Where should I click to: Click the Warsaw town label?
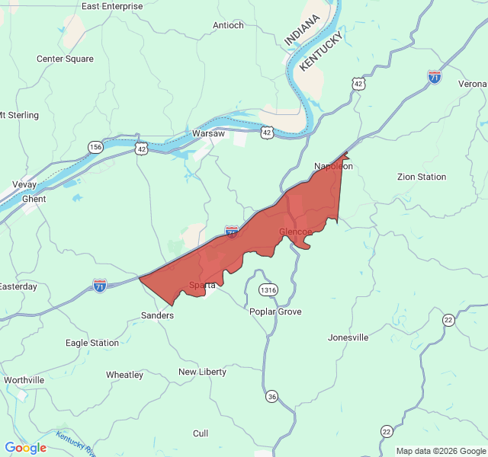click(x=208, y=133)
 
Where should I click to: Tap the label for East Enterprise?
click(x=111, y=6)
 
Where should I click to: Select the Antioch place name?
click(x=228, y=25)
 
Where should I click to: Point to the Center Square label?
click(x=65, y=59)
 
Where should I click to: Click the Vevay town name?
click(x=24, y=185)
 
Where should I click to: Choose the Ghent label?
click(x=34, y=199)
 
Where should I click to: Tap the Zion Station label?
click(x=422, y=177)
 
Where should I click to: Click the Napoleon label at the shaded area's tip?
click(x=333, y=166)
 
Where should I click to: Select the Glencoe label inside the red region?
click(x=295, y=232)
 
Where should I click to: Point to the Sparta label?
click(x=202, y=286)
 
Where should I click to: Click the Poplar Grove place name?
click(x=275, y=312)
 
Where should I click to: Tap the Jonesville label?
click(x=348, y=337)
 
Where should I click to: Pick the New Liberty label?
click(x=202, y=372)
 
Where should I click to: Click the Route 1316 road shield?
click(x=268, y=290)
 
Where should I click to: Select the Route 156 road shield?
click(x=95, y=147)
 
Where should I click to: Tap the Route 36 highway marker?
click(x=272, y=396)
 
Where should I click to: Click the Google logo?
click(x=25, y=448)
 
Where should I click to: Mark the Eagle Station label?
click(x=92, y=343)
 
